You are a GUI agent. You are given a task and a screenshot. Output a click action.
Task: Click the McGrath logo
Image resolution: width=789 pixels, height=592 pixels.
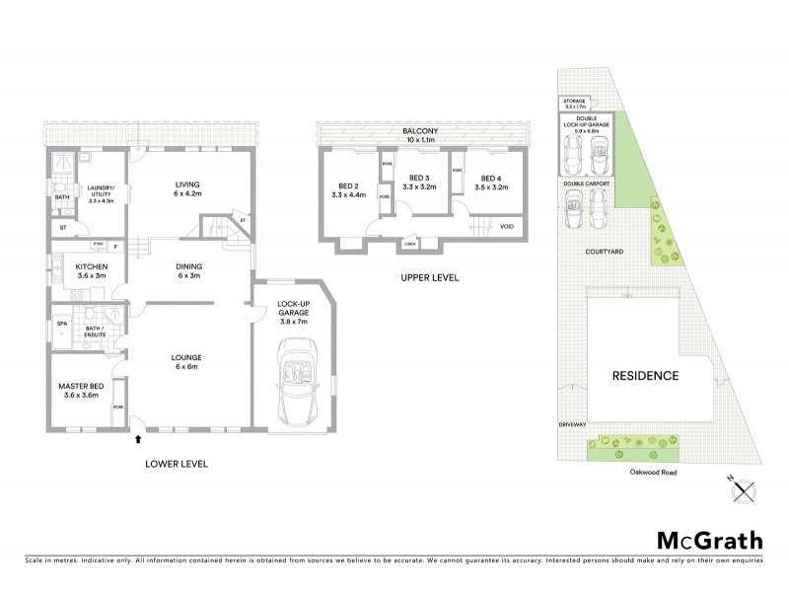tap(709, 540)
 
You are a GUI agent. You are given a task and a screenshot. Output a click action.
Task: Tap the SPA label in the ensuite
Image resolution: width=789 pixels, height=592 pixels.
tap(60, 322)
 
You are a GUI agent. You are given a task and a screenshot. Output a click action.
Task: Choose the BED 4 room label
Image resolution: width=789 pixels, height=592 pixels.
tap(490, 181)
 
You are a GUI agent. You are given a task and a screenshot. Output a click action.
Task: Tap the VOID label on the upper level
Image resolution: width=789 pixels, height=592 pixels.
tap(507, 226)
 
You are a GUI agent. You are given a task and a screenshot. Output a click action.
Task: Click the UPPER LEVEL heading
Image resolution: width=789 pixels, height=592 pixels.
tap(429, 278)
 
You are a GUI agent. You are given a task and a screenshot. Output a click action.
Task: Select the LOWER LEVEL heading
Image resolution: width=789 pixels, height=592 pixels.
tap(177, 463)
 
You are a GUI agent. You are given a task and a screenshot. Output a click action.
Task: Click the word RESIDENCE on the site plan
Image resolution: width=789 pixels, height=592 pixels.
tap(646, 376)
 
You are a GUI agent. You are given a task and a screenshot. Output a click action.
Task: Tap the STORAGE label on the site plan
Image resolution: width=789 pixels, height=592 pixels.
tap(574, 102)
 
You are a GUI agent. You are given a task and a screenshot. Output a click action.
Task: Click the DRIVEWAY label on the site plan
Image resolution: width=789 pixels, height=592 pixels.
tap(573, 424)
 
